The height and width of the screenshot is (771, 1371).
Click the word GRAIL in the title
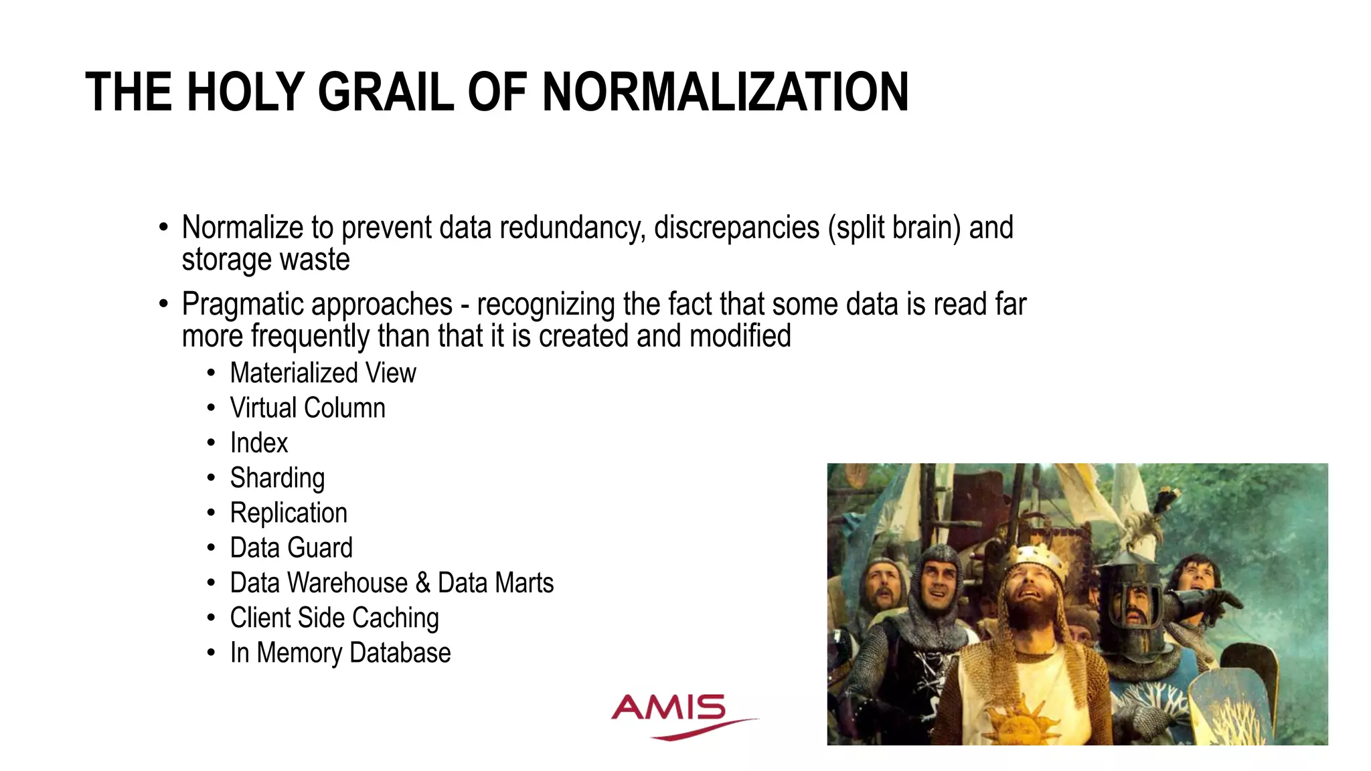[x=386, y=92]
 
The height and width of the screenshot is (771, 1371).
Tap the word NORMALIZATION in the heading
[x=725, y=92]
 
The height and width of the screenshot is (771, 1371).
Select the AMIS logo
[x=676, y=715]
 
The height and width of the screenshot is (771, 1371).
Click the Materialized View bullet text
[x=323, y=373]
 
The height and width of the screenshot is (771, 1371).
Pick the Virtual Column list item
[x=307, y=408]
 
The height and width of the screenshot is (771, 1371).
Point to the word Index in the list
[x=258, y=443]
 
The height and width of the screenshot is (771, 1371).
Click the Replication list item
[x=289, y=513]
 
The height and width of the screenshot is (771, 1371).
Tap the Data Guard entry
[x=291, y=548]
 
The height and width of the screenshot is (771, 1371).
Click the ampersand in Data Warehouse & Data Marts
[x=423, y=583]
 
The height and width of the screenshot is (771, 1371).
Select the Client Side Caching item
[x=334, y=618]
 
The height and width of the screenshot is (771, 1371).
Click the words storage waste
[x=266, y=260]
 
